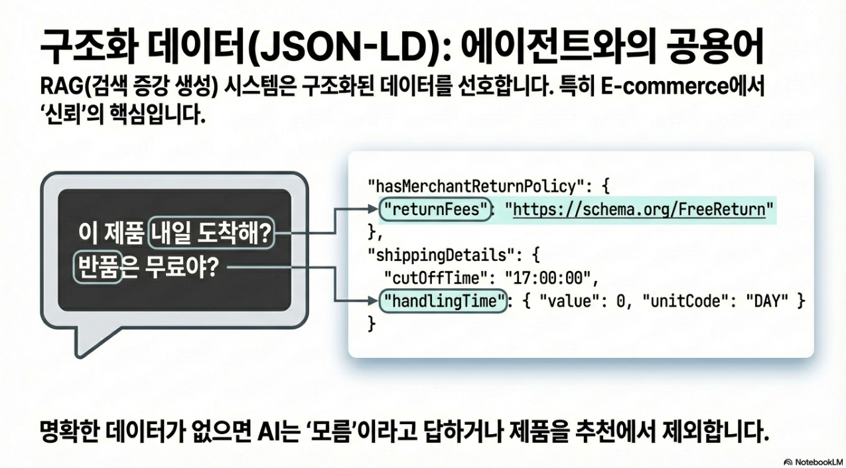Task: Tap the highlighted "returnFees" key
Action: [x=434, y=210]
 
